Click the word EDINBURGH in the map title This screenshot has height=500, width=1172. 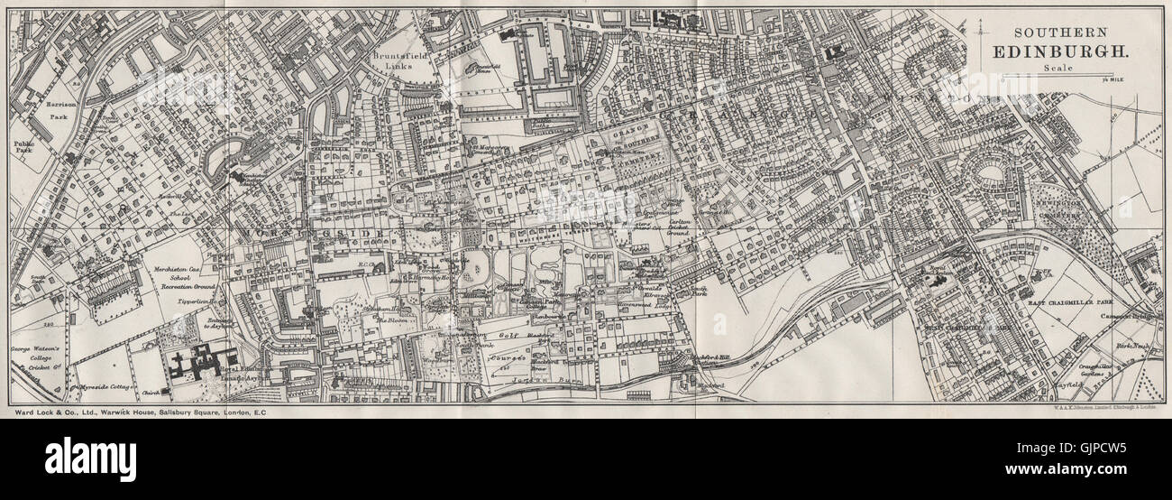1058,52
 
